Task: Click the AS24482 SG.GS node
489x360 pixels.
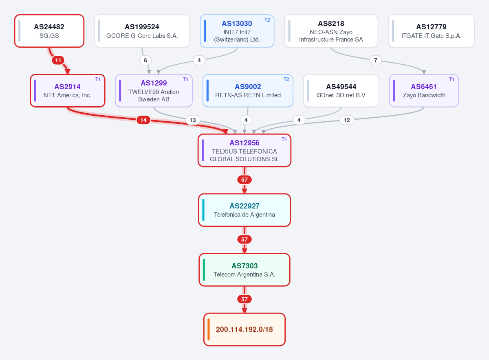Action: pos(49,31)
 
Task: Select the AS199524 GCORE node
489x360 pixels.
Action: pos(142,31)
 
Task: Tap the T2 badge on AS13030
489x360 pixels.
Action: pos(267,20)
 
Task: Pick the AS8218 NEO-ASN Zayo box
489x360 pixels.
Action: pos(331,31)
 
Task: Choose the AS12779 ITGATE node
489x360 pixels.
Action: pos(431,31)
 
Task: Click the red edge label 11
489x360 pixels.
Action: pos(58,60)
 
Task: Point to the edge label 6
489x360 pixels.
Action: pos(145,60)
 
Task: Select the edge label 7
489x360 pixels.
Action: pos(375,60)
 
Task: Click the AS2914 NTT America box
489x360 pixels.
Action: pos(68,90)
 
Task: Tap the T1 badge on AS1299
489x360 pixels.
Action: pos(185,79)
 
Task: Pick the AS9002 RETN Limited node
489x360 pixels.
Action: pos(248,90)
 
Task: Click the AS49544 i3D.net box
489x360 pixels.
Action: pos(341,90)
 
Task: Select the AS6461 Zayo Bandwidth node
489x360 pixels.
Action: pos(424,90)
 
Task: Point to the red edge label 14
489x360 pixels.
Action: pos(143,120)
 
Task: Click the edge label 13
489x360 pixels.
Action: pos(192,120)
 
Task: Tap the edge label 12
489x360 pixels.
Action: pos(347,120)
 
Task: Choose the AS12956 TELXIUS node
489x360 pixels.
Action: pos(244,150)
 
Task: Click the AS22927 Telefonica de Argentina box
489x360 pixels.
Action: pos(244,210)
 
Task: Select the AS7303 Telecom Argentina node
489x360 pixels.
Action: pos(244,270)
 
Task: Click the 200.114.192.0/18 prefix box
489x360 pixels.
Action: pos(244,329)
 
